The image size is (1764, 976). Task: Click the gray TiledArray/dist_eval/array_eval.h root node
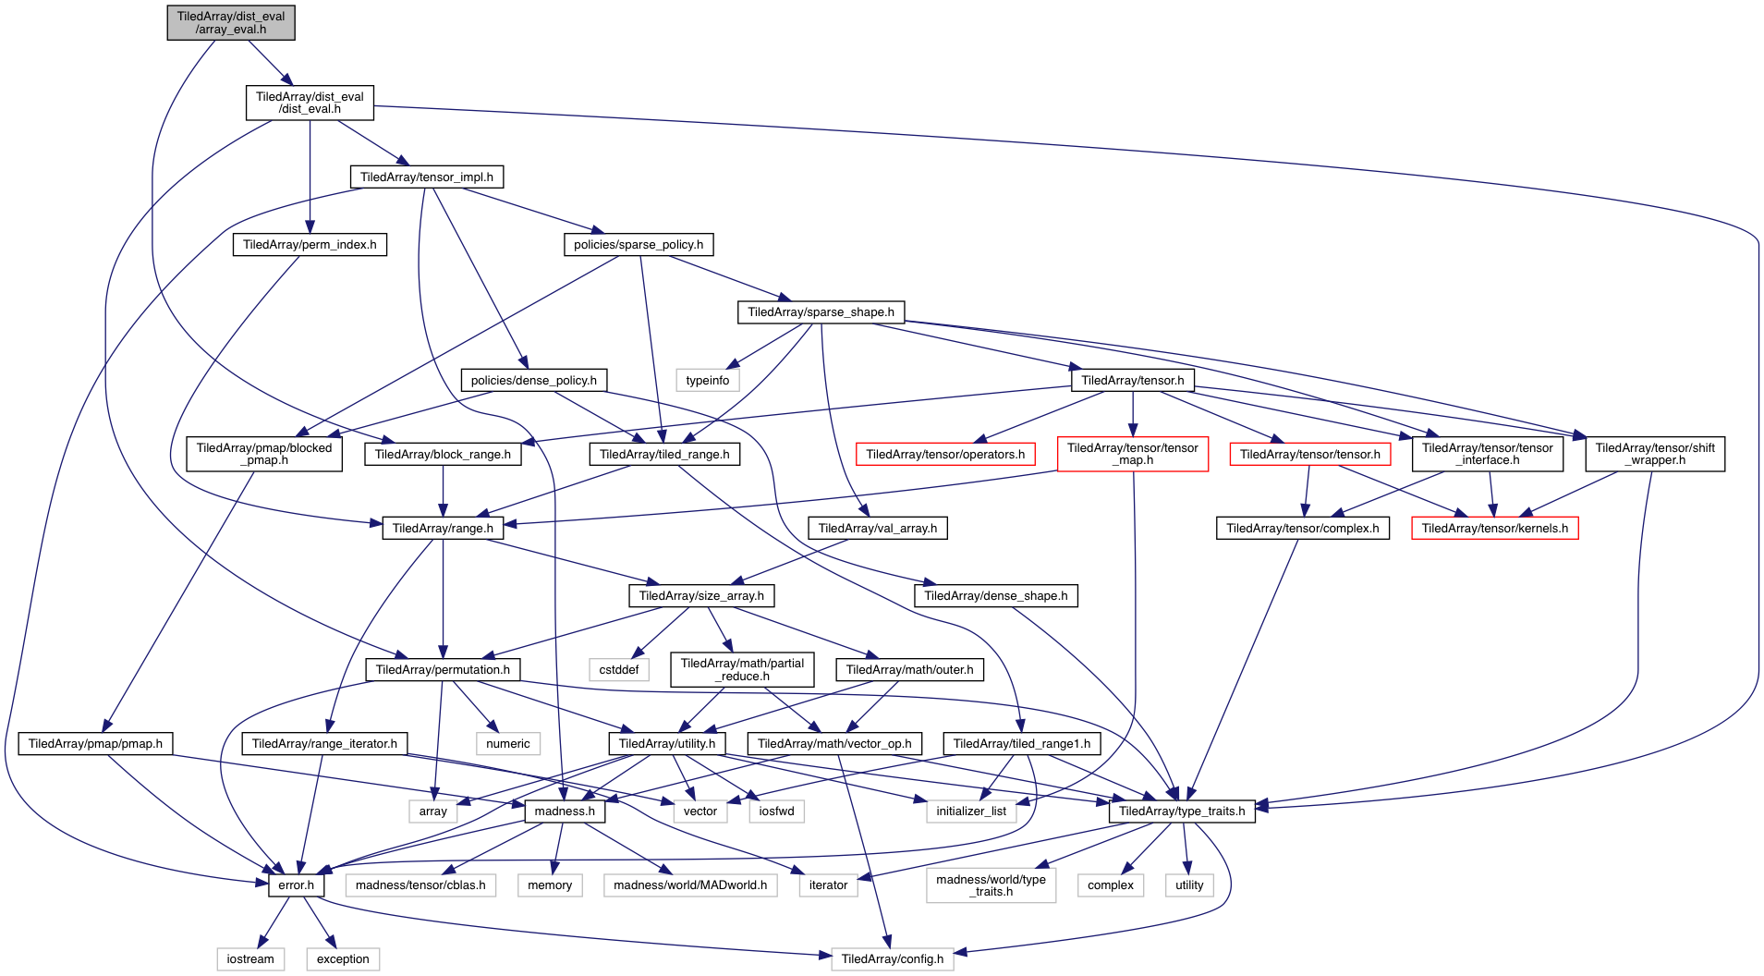[x=231, y=23]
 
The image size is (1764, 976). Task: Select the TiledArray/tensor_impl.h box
[x=426, y=177]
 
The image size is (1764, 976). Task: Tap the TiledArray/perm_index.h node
[x=310, y=245]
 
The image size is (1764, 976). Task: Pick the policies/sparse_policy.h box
[x=639, y=245]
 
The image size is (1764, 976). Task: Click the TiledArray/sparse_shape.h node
[x=821, y=312]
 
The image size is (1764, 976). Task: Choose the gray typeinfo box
[x=707, y=380]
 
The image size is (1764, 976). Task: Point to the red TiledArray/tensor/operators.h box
[x=945, y=454]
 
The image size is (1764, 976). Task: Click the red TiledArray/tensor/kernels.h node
[x=1494, y=528]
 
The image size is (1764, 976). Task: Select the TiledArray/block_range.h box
[x=443, y=454]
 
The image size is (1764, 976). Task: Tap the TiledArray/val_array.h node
[x=877, y=528]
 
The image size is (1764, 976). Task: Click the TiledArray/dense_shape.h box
[x=995, y=596]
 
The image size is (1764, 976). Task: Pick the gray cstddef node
[x=618, y=669]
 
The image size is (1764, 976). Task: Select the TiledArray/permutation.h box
[x=443, y=669]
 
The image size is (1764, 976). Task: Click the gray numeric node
[x=507, y=743]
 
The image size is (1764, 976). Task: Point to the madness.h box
[x=565, y=811]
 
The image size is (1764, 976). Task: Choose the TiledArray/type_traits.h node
[x=1181, y=811]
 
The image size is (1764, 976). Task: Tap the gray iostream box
[x=250, y=959]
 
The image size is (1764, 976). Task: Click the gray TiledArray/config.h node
[x=892, y=959]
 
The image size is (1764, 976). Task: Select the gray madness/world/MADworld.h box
[x=689, y=885]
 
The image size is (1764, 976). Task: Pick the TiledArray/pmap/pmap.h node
[x=95, y=743]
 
